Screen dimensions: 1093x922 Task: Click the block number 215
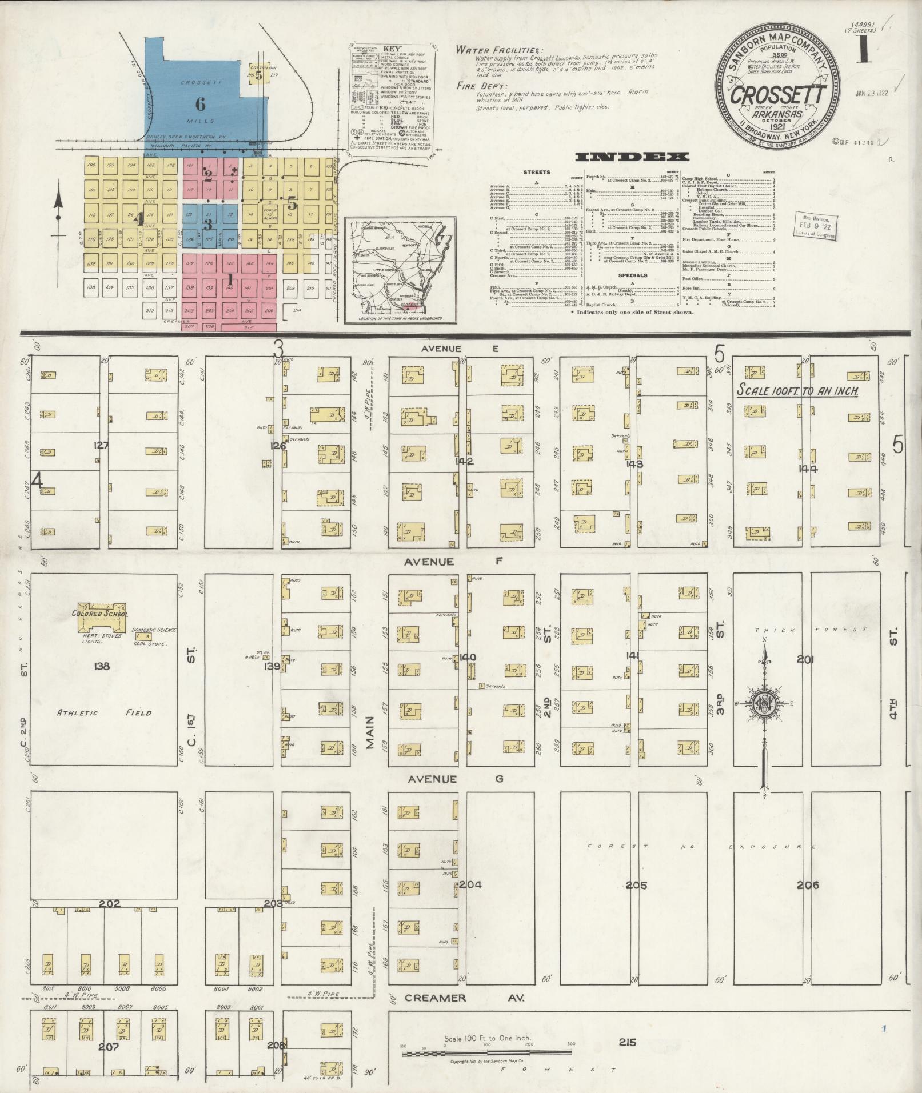(628, 1042)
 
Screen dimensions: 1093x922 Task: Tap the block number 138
(102, 666)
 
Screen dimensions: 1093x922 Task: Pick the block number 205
(636, 885)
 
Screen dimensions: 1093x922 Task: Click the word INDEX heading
(632, 157)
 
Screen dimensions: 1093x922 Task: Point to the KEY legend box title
(392, 49)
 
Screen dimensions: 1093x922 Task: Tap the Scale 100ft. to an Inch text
(797, 391)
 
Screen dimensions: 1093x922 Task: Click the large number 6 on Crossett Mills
(200, 104)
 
